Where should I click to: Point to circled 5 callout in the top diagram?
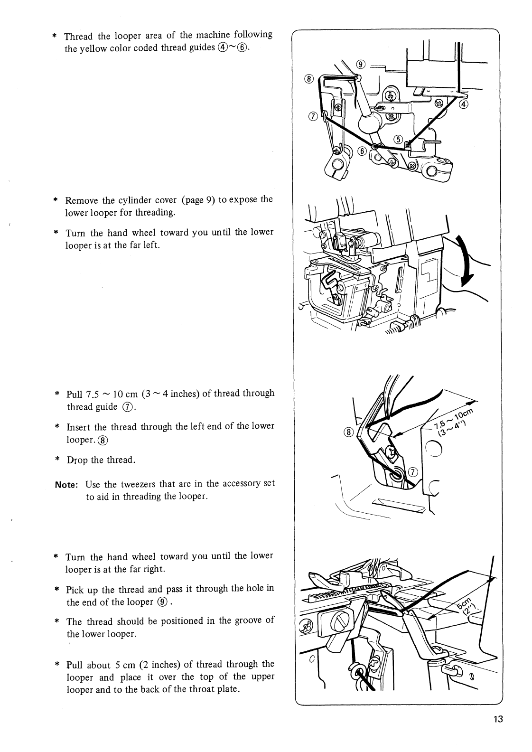(399, 139)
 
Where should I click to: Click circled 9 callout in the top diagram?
(361, 65)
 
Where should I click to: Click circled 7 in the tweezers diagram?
(412, 471)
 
